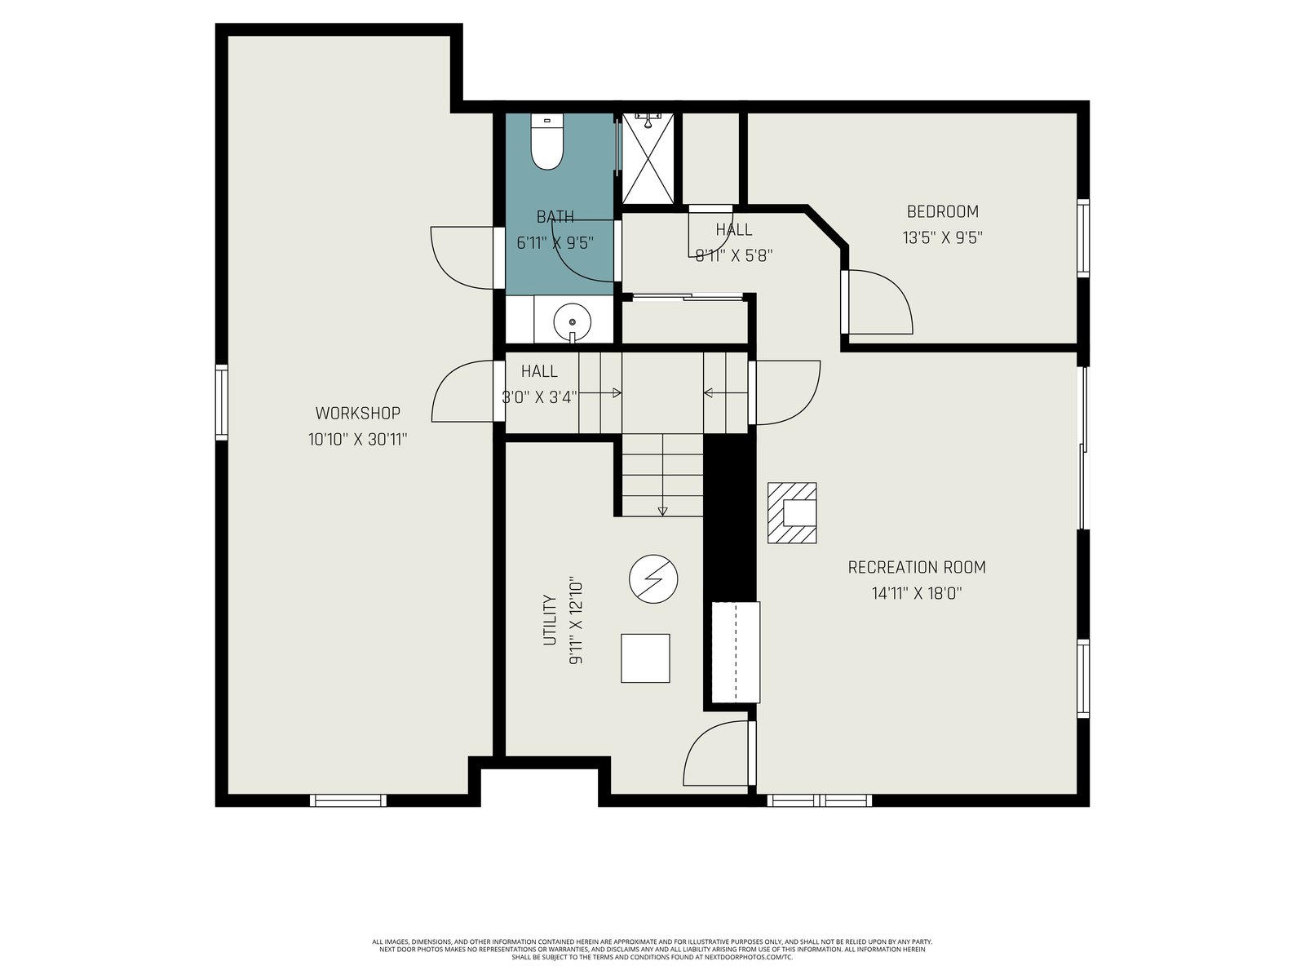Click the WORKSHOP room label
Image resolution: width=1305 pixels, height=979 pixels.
(x=357, y=413)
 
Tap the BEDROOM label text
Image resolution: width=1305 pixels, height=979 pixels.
(x=942, y=211)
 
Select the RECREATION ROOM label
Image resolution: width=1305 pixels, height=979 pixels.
(x=916, y=567)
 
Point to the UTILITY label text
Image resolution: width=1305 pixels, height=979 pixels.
(x=550, y=620)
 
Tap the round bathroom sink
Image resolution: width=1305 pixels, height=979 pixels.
(x=572, y=321)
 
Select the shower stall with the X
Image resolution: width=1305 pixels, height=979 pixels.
(x=648, y=158)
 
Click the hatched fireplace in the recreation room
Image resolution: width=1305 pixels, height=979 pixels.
(x=791, y=512)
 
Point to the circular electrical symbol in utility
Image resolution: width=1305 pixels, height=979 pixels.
(x=653, y=579)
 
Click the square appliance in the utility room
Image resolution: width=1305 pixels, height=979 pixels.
(x=645, y=658)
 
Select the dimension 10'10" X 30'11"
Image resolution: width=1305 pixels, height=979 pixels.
(x=357, y=440)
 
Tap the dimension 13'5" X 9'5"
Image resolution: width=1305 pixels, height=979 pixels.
(x=942, y=237)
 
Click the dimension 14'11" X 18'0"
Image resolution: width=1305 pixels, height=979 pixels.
(x=916, y=593)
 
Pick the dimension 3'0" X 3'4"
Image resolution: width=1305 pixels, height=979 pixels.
(x=539, y=397)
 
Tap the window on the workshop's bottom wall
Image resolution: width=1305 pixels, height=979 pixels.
(x=348, y=800)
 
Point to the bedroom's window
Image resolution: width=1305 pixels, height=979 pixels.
(x=1083, y=237)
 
